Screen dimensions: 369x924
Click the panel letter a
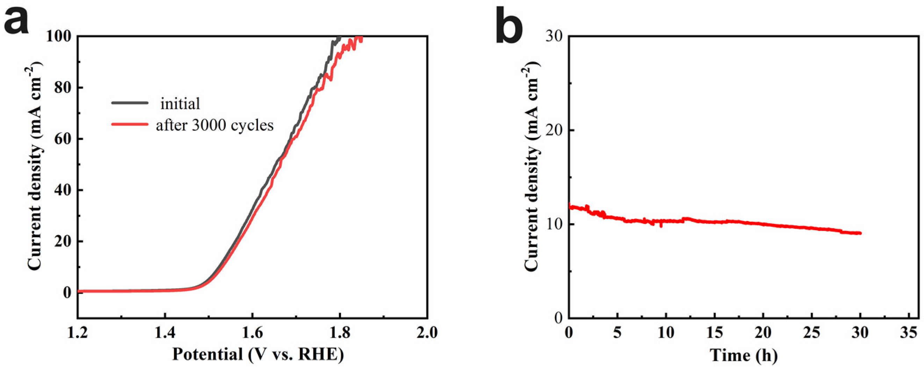[x=16, y=22]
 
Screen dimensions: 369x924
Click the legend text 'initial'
[x=180, y=104]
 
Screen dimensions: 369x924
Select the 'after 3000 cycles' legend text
[x=215, y=125]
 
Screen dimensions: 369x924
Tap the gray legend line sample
[x=130, y=103]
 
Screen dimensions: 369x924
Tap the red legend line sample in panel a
[x=130, y=124]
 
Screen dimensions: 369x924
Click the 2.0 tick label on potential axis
[x=427, y=332]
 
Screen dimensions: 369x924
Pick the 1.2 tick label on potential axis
[x=78, y=332]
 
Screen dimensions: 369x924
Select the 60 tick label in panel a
[x=63, y=139]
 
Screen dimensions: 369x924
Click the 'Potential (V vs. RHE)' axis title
[x=258, y=355]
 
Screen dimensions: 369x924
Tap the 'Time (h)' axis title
[x=744, y=355]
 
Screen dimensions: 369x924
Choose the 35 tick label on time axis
[x=909, y=332]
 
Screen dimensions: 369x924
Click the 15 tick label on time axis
[x=715, y=332]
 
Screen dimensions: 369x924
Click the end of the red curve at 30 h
[x=860, y=233]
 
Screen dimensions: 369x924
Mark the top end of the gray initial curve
[x=339, y=37]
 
